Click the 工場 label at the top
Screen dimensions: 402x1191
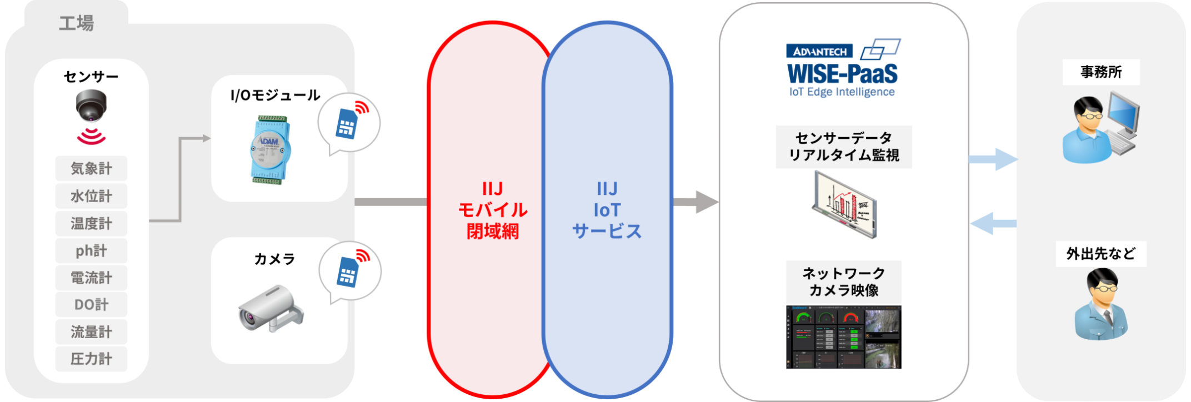[x=77, y=23]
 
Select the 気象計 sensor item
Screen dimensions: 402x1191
[x=91, y=168]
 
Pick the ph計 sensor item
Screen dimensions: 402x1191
[x=91, y=251]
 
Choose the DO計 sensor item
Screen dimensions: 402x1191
[x=91, y=304]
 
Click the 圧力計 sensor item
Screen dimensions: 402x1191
[x=91, y=359]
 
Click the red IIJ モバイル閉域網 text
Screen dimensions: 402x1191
[x=492, y=210]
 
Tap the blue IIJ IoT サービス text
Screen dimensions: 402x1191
[x=607, y=210]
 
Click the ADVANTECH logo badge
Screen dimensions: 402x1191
[x=819, y=52]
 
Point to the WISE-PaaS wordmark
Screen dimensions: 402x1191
[x=842, y=74]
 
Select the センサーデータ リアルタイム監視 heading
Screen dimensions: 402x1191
[x=843, y=147]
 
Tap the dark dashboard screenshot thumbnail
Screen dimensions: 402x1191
[x=843, y=337]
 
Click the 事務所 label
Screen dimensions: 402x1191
[x=1100, y=72]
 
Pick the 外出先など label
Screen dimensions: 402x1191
[x=1100, y=254]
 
